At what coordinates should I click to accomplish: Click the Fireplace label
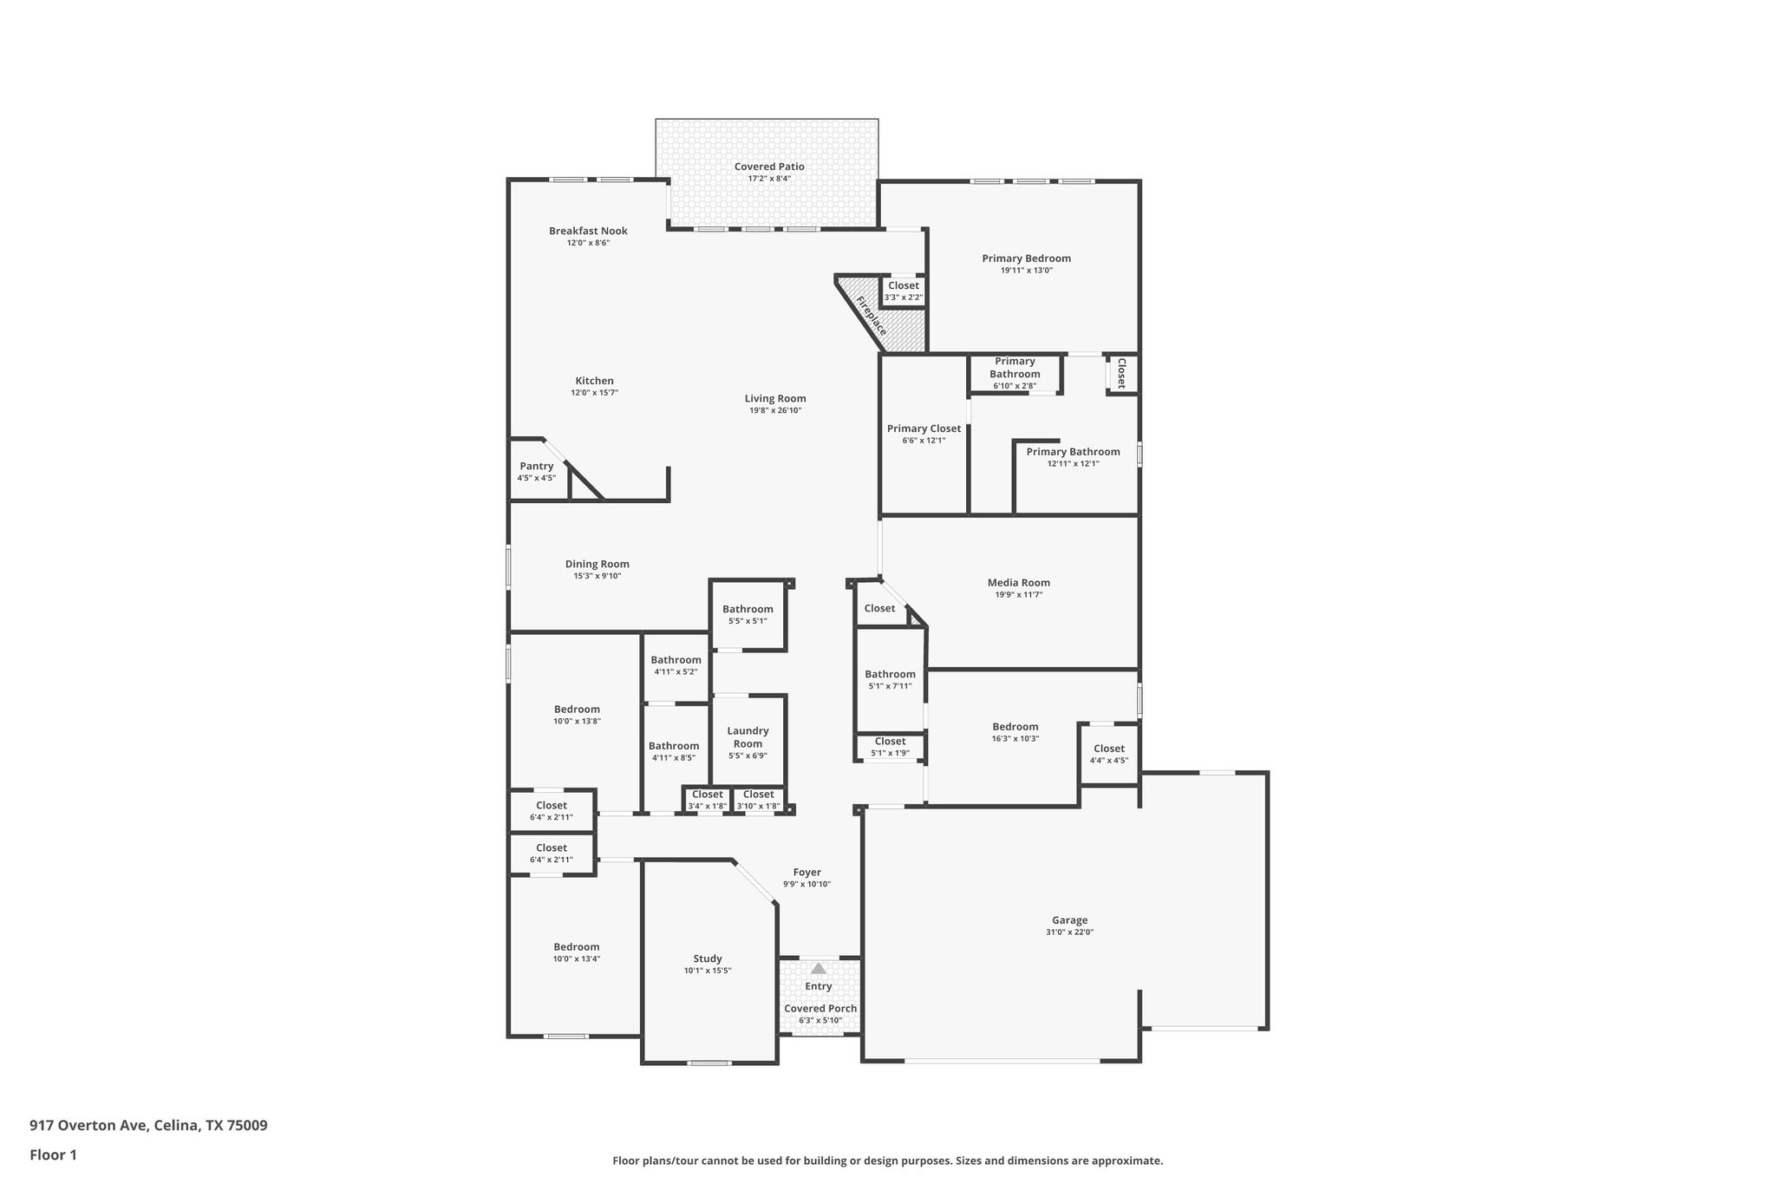(x=872, y=316)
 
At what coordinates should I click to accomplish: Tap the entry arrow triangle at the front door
(x=818, y=969)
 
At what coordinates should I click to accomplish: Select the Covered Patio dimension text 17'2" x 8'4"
(x=769, y=179)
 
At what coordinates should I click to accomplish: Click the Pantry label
(x=537, y=467)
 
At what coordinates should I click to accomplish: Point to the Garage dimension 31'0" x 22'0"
(x=1069, y=932)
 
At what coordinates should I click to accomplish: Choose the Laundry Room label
(x=748, y=737)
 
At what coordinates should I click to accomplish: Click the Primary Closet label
(x=924, y=428)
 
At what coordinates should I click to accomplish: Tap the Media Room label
(x=1018, y=583)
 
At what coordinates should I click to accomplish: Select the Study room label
(x=708, y=958)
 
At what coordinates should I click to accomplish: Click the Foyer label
(x=806, y=873)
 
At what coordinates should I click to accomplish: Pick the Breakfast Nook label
(x=588, y=231)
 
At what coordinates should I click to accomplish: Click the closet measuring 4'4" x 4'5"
(x=1108, y=754)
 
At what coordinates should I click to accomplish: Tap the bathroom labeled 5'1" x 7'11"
(x=890, y=679)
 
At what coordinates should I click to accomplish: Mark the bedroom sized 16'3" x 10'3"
(x=1015, y=732)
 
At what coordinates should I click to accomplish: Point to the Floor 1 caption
(x=54, y=1155)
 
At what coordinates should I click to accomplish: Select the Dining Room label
(x=597, y=564)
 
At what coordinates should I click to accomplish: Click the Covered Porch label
(x=820, y=1009)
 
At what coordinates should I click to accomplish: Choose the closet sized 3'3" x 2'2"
(x=903, y=291)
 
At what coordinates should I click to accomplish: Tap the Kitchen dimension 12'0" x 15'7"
(x=594, y=393)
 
